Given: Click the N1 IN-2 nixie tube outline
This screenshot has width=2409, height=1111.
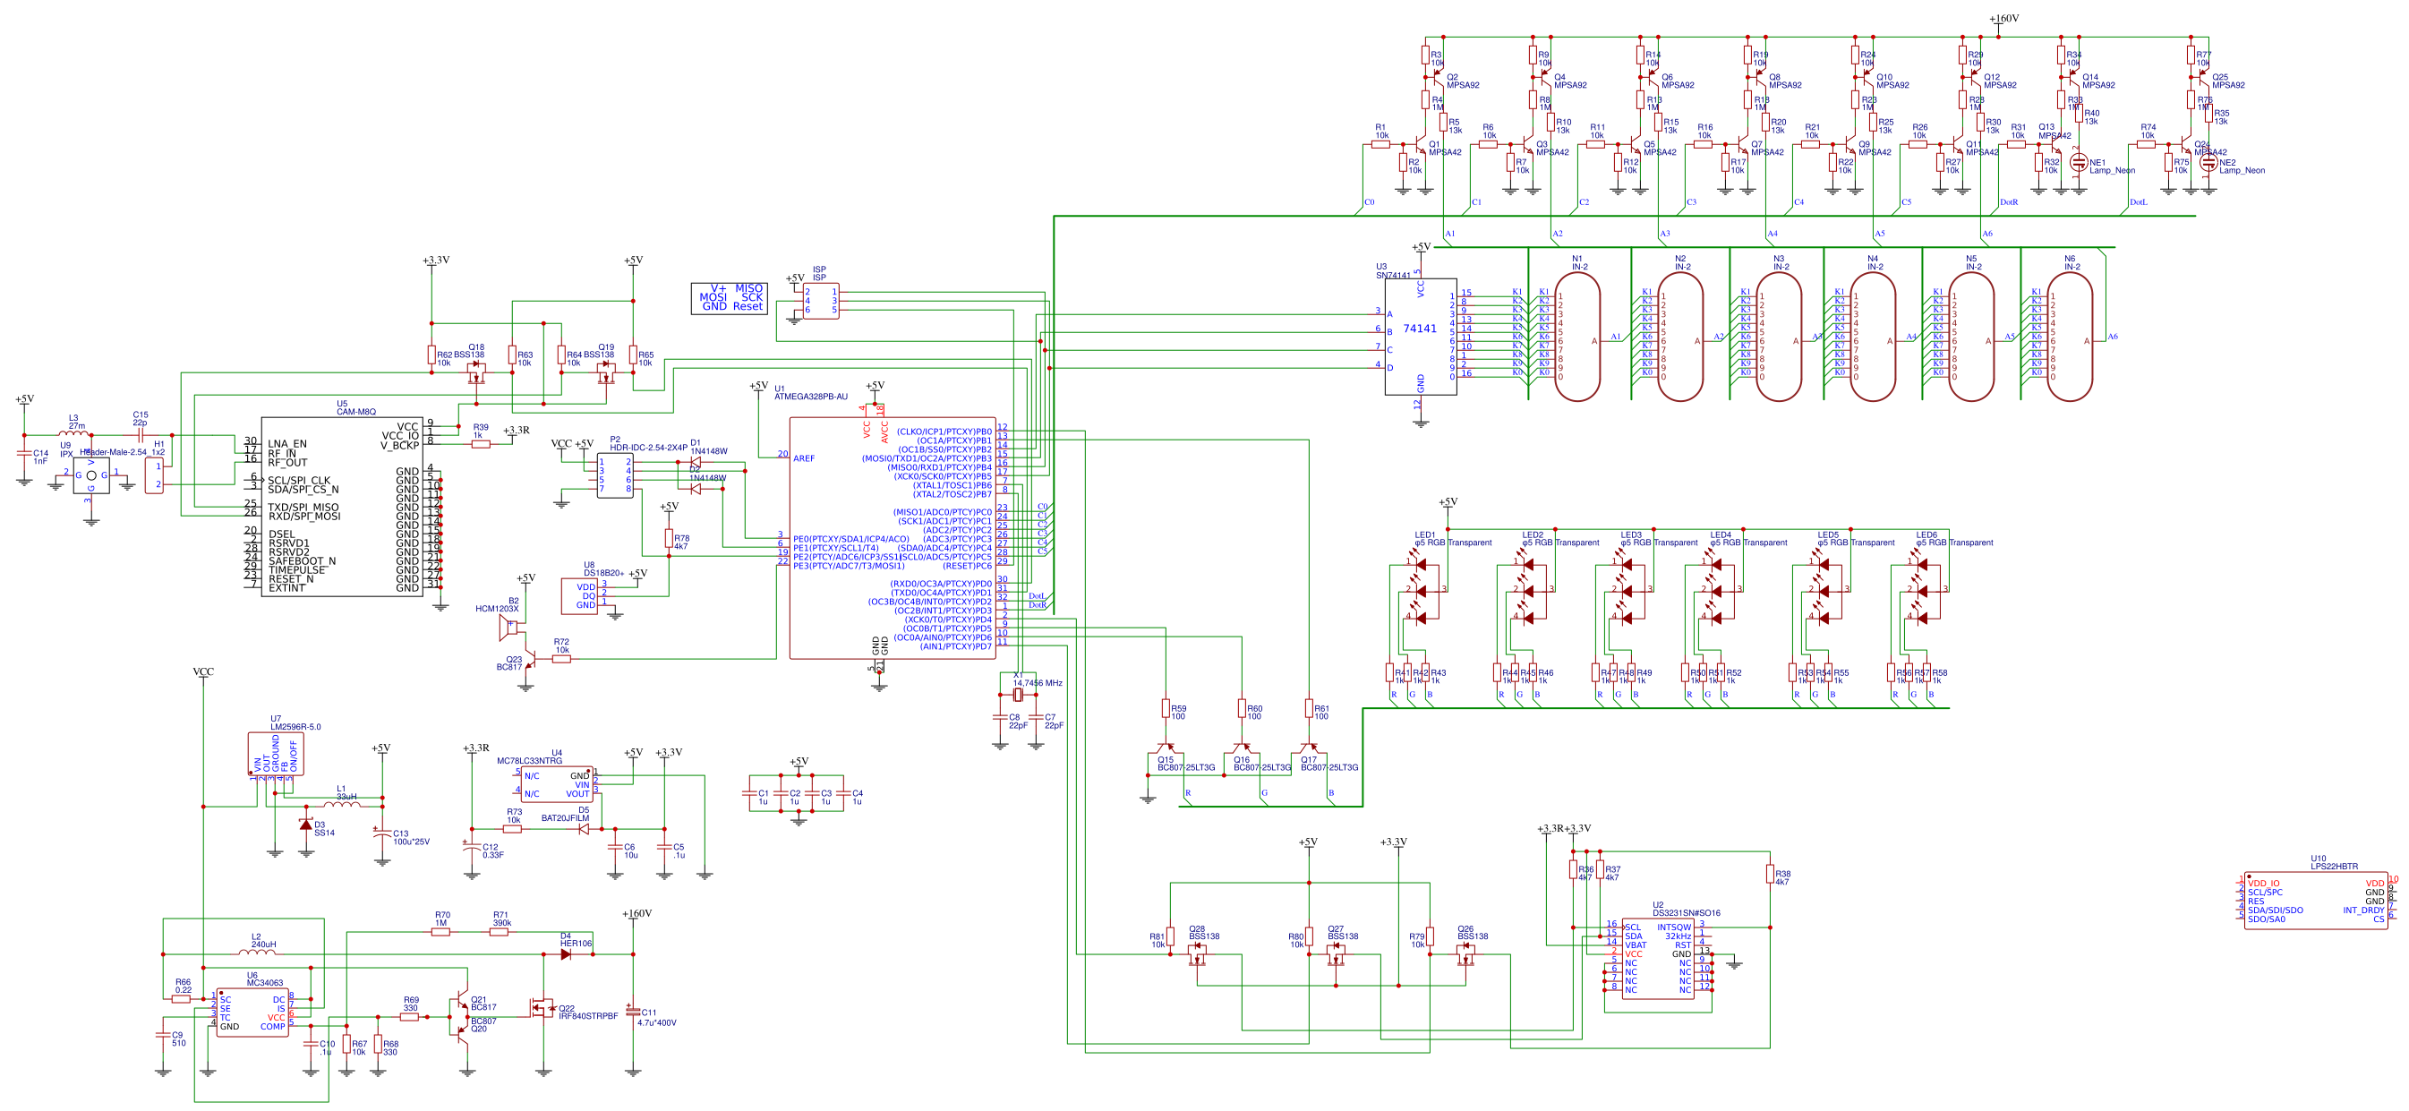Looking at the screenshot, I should pos(1576,337).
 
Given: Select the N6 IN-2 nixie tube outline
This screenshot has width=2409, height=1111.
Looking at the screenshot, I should pos(2069,337).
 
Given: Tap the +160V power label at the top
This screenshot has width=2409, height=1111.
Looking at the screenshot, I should pos(2003,19).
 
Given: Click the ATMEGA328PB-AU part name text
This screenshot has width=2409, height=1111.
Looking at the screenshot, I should pos(811,397).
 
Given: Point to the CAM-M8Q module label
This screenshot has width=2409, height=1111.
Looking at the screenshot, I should pos(356,412).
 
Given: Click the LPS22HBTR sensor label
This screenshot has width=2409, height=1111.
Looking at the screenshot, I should pos(2333,866).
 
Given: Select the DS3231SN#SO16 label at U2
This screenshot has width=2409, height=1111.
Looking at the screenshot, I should pos(1685,913).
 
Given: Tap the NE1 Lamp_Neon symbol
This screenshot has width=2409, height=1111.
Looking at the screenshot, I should pos(2078,162).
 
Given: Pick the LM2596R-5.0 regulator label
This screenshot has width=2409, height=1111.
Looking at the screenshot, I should pos(295,727).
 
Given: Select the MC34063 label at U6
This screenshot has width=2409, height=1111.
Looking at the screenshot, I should pos(265,983).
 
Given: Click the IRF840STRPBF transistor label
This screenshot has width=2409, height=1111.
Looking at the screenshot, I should pos(587,1015).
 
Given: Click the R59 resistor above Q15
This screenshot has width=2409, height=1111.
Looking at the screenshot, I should pos(1166,709).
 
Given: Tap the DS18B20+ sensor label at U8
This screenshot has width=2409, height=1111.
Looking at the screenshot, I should pos(603,572).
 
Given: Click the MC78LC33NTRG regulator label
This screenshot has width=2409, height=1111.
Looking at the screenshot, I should pos(529,760).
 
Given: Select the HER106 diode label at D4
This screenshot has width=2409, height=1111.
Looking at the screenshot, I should pos(577,944).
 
